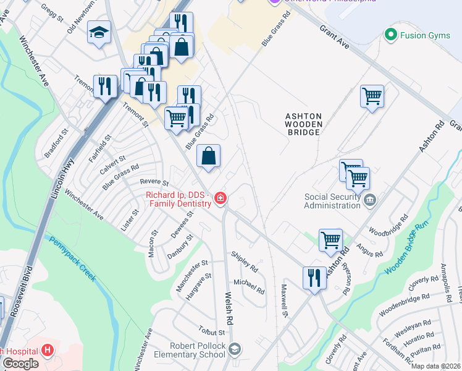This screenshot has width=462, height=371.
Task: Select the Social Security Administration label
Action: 332,202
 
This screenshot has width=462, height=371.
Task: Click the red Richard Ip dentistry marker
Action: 220,198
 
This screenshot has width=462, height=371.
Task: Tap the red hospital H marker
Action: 48,351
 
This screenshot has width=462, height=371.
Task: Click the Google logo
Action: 20,363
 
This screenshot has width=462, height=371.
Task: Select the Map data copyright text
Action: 435,366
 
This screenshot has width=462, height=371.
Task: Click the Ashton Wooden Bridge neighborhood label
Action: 303,124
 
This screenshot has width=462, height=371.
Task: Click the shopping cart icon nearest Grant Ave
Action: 372,96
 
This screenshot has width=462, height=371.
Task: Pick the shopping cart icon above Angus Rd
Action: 330,239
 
